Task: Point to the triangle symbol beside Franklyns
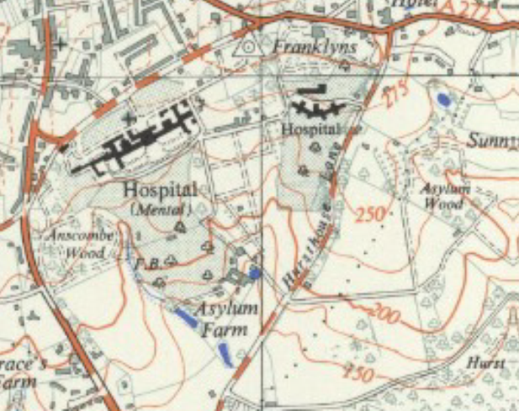coord(251,47)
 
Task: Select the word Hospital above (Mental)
coord(160,189)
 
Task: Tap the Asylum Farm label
coord(225,318)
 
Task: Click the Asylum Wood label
coord(446,195)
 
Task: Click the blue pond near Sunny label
coord(442,100)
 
